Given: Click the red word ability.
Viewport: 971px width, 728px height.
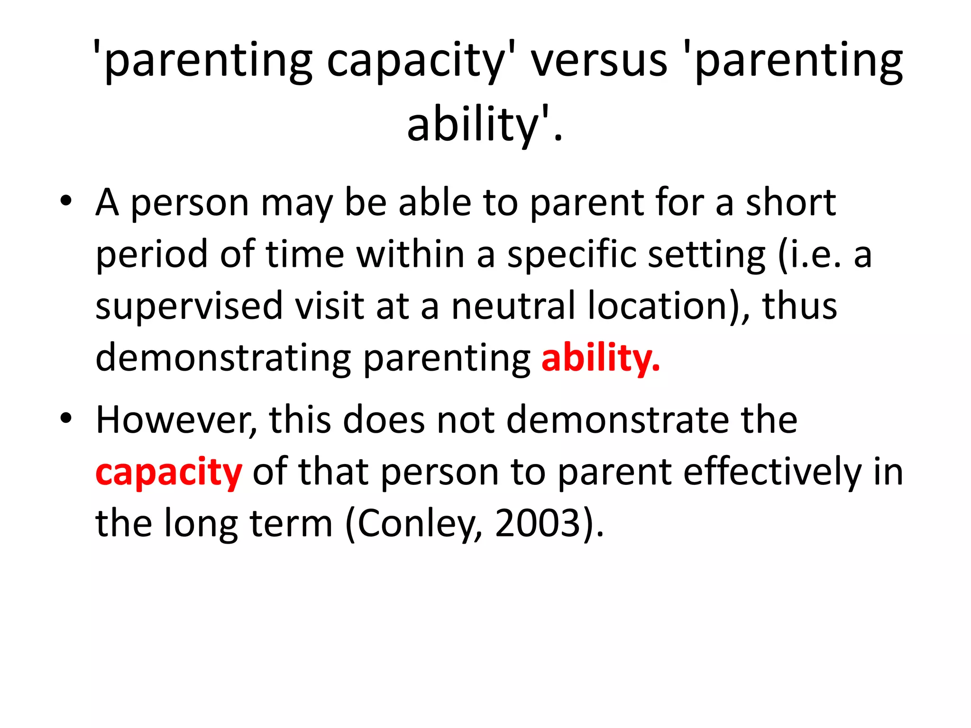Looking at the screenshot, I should point(600,358).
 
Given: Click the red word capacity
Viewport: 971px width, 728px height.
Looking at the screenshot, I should point(168,472).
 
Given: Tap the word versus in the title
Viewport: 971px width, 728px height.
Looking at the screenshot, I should point(599,60).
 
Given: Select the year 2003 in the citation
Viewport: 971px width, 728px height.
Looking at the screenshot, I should point(538,523).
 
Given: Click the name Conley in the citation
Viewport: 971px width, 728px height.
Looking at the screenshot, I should point(418,523).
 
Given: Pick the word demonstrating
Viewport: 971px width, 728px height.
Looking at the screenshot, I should point(223,358).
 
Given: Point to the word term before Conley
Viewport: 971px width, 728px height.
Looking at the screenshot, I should point(291,523).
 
